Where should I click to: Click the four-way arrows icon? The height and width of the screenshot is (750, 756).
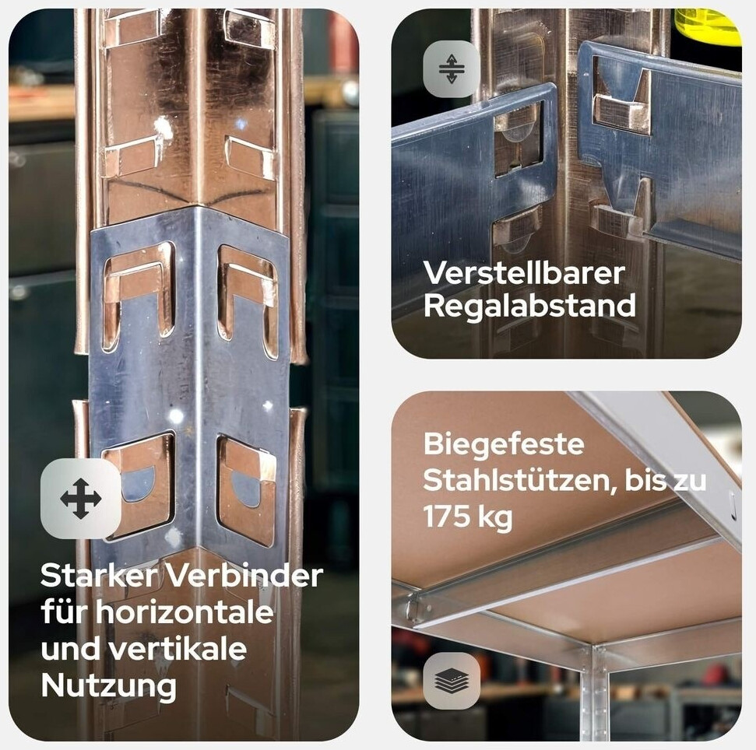81,499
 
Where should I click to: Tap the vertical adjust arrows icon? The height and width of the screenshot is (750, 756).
452,69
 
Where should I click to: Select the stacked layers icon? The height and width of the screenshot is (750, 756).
452,680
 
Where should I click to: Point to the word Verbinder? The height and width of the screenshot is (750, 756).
245,575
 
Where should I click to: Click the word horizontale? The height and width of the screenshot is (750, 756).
185,612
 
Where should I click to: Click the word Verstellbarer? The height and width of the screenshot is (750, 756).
524,272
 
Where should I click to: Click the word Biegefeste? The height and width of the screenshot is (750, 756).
504,444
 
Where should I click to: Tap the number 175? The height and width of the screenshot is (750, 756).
448,517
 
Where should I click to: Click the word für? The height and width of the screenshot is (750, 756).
64,612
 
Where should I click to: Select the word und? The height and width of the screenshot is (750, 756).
70,648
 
